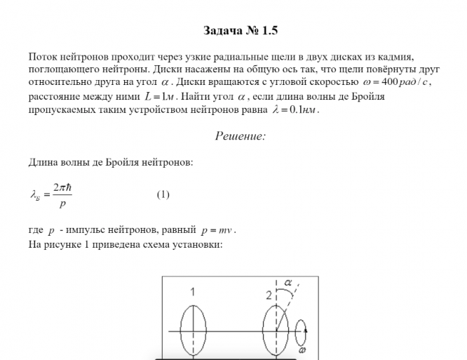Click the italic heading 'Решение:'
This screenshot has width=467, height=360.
coord(240,136)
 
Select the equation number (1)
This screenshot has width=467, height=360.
coord(163,194)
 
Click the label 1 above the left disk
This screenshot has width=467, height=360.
coord(192,291)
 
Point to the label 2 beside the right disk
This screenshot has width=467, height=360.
coord(269,295)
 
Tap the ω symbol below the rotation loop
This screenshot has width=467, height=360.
coord(303,349)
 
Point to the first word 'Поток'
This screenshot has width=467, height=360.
coord(42,55)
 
